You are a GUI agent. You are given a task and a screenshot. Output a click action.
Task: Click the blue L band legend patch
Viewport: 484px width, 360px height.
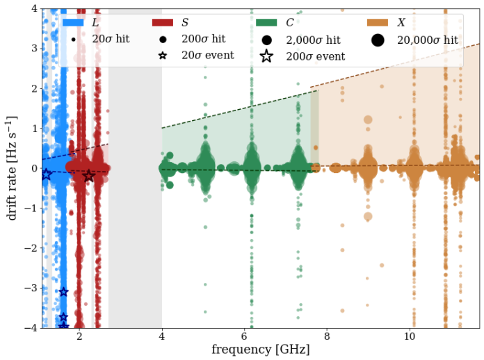tap(73, 23)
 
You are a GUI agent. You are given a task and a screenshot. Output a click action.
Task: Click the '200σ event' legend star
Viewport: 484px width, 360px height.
tap(267, 56)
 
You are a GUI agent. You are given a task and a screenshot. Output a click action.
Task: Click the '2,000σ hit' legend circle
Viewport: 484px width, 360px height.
tap(267, 40)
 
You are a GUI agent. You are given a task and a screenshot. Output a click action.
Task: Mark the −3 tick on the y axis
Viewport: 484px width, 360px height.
tap(29, 288)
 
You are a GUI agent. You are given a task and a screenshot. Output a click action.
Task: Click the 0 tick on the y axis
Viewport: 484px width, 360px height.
tap(31, 167)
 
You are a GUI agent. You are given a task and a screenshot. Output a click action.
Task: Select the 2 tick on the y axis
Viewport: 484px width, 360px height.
tap(31, 88)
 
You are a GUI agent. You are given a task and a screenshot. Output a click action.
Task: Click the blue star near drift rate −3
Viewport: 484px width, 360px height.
tap(63, 292)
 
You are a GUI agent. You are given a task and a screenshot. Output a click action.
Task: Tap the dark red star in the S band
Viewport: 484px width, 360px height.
tap(88, 177)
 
